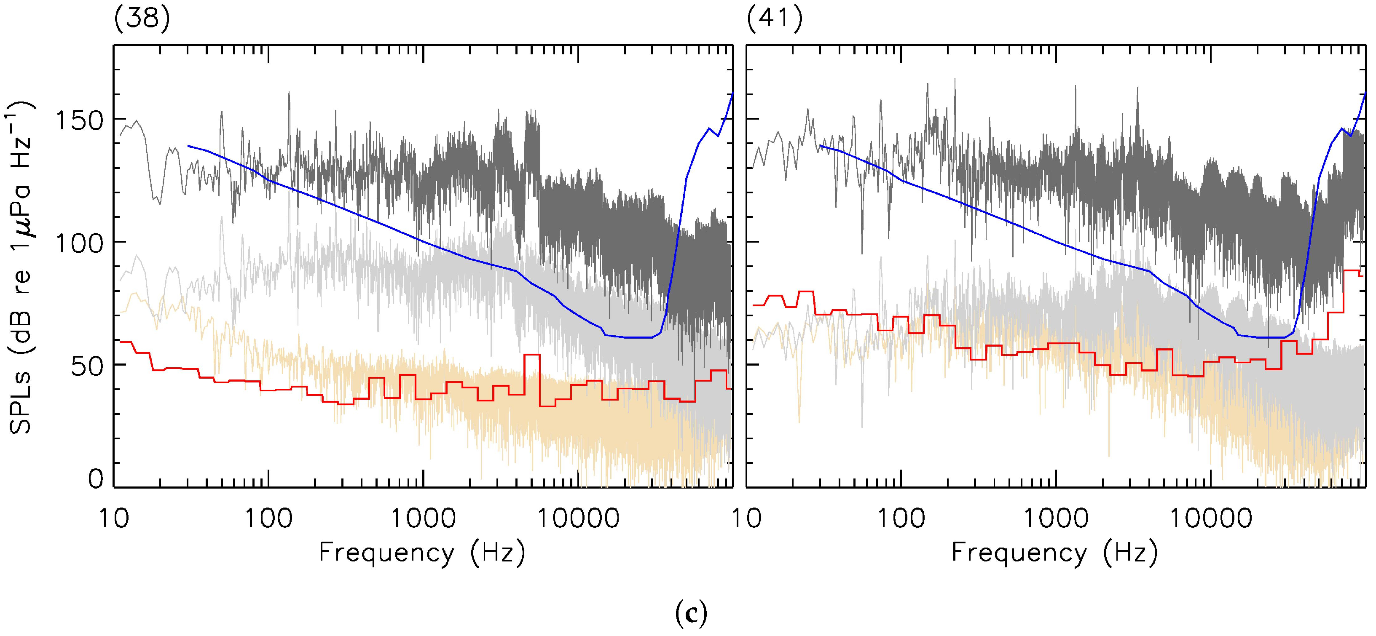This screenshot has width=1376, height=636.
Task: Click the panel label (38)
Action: point(142,20)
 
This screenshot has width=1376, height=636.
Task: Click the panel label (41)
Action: point(774,20)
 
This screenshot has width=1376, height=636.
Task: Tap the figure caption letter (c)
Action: point(691,614)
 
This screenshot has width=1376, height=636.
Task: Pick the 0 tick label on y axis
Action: point(96,478)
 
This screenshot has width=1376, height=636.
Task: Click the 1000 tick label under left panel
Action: point(424,518)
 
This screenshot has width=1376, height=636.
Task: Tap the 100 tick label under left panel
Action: point(269,518)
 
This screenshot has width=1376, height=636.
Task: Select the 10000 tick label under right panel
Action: point(1210,518)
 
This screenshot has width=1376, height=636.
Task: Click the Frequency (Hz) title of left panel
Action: point(422,552)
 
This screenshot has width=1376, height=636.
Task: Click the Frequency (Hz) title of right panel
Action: point(1055,552)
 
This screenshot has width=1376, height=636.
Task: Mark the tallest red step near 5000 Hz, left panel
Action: point(532,355)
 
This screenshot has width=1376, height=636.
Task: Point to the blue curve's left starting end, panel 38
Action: point(188,146)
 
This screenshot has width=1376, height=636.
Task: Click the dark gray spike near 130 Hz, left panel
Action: point(289,94)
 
